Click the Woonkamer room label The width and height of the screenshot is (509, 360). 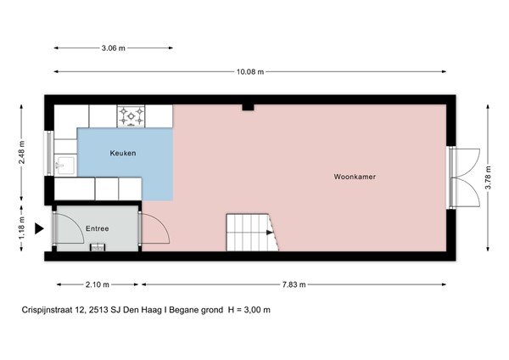tap(355, 177)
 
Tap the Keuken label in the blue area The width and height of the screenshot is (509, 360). tap(123, 153)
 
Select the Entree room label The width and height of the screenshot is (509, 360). tap(97, 228)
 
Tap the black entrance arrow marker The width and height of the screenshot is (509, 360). tap(38, 228)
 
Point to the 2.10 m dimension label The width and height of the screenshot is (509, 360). tap(98, 284)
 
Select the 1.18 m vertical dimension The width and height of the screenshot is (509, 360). tap(22, 228)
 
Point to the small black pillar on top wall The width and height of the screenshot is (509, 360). tap(246, 107)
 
